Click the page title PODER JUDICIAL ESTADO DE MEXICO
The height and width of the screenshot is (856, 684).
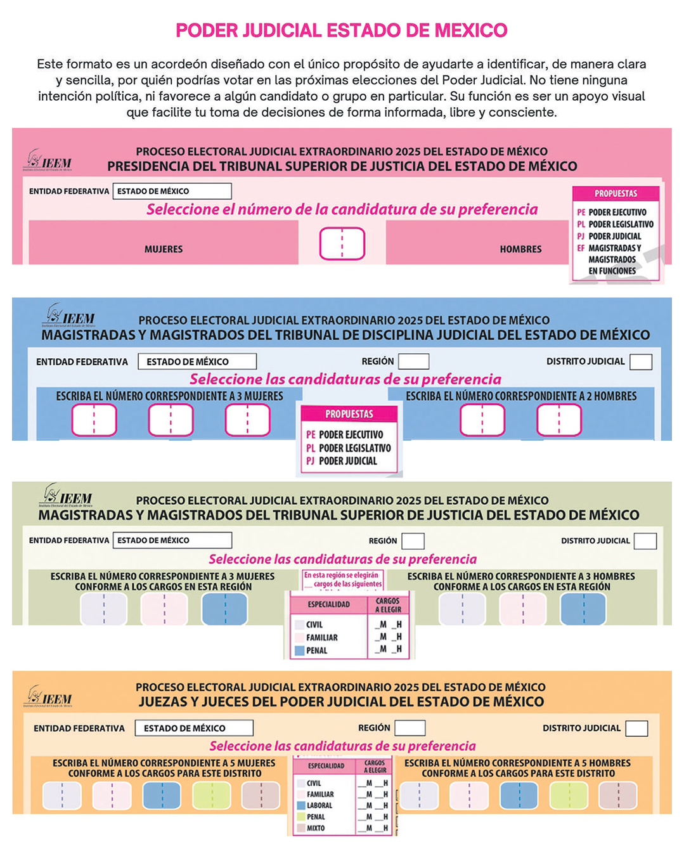[341, 30]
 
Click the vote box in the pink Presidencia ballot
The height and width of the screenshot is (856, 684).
[342, 243]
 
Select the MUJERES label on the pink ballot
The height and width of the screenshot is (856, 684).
[164, 249]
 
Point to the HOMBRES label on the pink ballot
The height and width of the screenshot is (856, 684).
[520, 249]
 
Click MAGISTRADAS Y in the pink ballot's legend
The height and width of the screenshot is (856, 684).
[614, 248]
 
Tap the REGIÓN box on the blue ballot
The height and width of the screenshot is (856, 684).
[413, 361]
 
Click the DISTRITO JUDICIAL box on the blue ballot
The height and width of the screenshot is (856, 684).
[640, 361]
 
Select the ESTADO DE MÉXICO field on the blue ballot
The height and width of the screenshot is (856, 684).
[197, 361]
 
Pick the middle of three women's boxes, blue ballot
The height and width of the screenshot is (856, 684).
[171, 420]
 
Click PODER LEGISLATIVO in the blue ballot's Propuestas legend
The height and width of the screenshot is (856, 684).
[354, 448]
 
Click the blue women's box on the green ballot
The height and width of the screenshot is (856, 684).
[224, 609]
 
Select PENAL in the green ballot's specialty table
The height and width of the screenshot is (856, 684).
[316, 651]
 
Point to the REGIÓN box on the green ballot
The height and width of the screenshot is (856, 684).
[413, 541]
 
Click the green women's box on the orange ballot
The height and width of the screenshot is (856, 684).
[212, 796]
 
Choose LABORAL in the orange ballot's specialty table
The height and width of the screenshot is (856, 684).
[319, 805]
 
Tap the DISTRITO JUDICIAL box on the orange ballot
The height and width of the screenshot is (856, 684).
[636, 728]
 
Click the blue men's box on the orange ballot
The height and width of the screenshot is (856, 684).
[519, 796]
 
